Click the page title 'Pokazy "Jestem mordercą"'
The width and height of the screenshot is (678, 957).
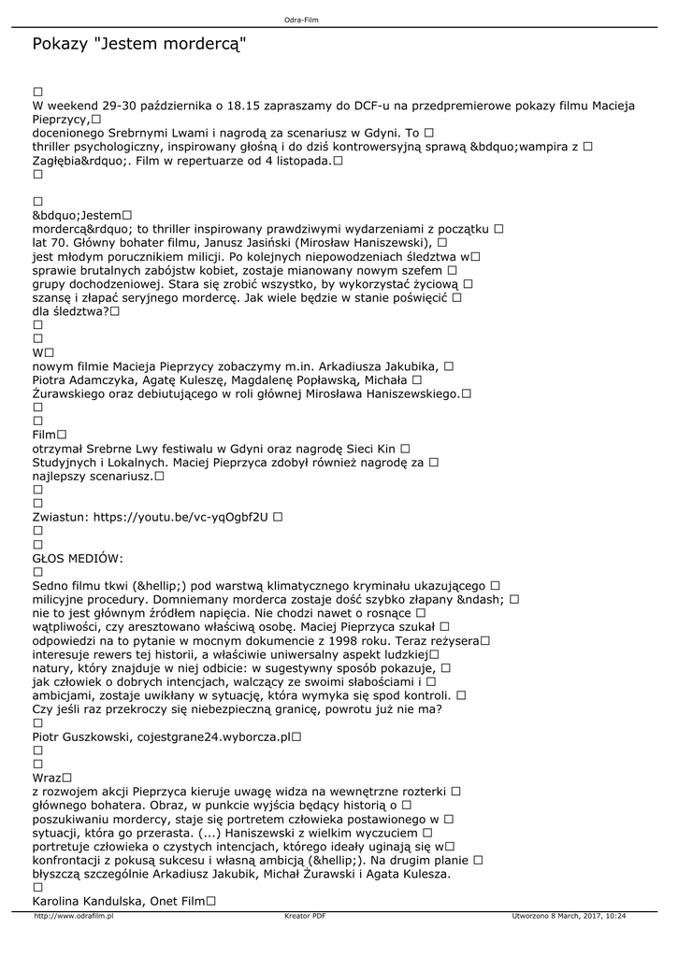click(140, 44)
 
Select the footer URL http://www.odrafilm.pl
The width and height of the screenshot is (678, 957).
click(73, 917)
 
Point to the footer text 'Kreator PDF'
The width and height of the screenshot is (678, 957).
click(305, 917)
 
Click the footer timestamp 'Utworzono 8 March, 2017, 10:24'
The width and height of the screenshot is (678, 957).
click(569, 917)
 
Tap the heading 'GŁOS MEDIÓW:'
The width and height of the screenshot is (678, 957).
click(78, 558)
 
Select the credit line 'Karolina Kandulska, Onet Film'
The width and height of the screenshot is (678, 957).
click(118, 901)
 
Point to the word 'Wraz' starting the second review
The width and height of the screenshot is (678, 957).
click(46, 778)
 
